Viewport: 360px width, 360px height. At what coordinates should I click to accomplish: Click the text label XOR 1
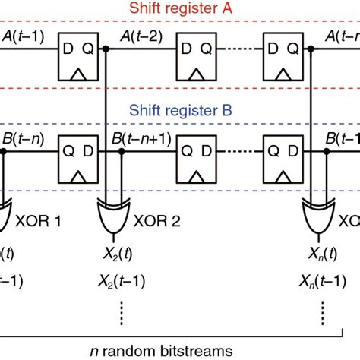coord(38,222)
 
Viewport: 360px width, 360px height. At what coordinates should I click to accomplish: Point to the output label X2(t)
coord(115,254)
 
